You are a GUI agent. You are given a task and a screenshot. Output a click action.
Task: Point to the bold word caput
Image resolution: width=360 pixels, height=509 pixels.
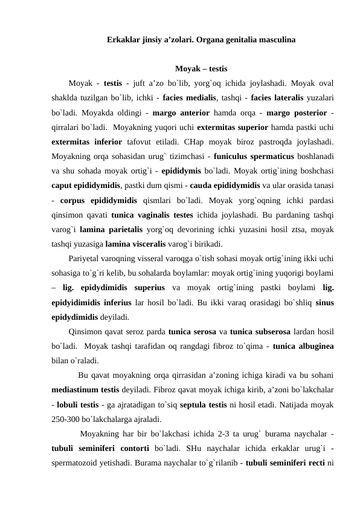pos(62,186)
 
